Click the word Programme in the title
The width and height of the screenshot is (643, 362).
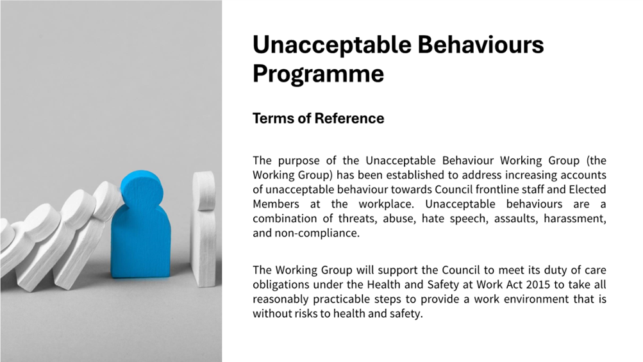pyautogui.click(x=318, y=74)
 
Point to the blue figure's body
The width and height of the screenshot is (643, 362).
pyautogui.click(x=140, y=243)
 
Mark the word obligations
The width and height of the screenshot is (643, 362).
pyautogui.click(x=281, y=284)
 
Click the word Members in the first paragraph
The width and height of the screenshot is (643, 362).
pyautogui.click(x=276, y=204)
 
